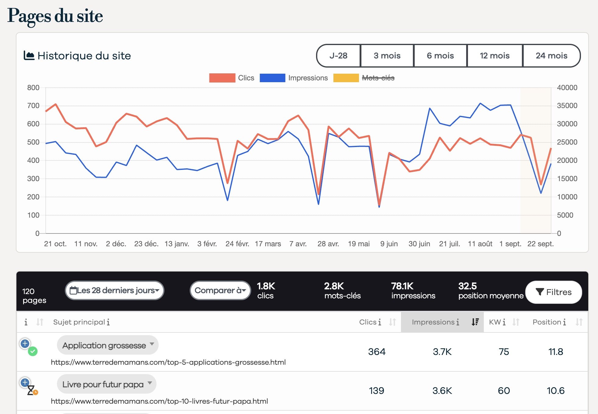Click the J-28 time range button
click(338, 56)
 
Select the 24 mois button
click(551, 56)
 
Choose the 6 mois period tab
click(440, 56)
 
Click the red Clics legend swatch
click(222, 78)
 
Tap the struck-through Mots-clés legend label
click(378, 78)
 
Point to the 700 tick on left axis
click(33, 106)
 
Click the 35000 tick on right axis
click(567, 106)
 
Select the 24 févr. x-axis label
click(237, 244)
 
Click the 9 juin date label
click(389, 244)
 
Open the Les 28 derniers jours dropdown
click(114, 290)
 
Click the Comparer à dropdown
click(220, 290)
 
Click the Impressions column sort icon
click(475, 322)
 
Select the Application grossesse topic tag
click(104, 345)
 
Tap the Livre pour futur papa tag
click(103, 384)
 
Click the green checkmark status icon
click(33, 352)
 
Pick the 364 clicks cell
click(377, 352)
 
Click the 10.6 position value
click(555, 391)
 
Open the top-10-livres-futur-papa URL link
click(159, 401)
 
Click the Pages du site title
click(55, 16)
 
